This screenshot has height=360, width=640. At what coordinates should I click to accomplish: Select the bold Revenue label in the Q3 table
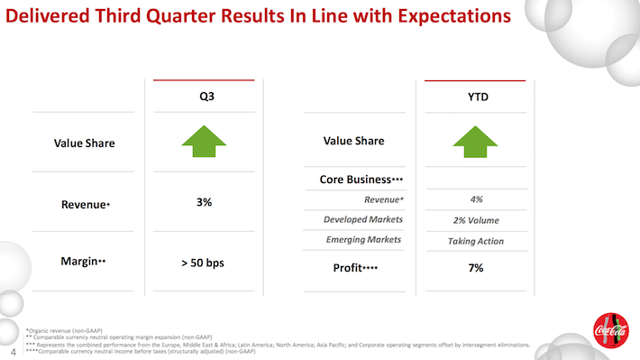point(83,204)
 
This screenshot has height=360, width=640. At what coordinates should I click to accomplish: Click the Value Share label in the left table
point(84,143)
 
